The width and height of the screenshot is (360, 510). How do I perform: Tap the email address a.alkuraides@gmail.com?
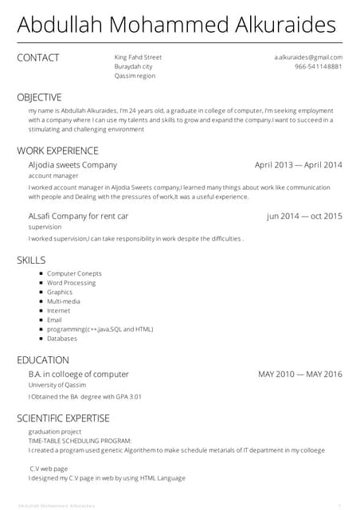tap(308, 57)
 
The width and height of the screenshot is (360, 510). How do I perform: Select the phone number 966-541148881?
tap(318, 67)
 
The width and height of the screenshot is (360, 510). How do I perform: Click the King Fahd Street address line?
tap(138, 57)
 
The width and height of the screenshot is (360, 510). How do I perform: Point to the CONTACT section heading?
tap(38, 57)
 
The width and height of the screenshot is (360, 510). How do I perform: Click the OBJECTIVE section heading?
tap(39, 97)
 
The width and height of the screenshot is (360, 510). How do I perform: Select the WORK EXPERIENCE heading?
tap(57, 151)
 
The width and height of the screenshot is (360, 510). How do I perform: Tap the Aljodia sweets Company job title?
tap(72, 165)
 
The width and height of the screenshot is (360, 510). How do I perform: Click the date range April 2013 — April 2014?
tap(298, 165)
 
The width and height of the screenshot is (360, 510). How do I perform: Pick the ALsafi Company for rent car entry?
tap(78, 216)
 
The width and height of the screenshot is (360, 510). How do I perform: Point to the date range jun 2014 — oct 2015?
tap(304, 216)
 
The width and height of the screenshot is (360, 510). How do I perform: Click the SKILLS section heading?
tap(31, 260)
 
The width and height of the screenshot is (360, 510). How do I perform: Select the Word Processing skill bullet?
tap(71, 283)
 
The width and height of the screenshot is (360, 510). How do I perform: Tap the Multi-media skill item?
tap(63, 301)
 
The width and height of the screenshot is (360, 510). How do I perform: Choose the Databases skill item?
tap(62, 338)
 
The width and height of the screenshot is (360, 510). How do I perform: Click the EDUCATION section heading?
tap(43, 360)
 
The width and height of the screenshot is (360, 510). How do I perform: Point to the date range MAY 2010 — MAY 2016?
tap(299, 375)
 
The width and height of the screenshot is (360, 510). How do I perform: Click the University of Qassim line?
tap(57, 385)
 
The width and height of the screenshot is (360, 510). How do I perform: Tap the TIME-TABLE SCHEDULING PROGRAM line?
tap(80, 441)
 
